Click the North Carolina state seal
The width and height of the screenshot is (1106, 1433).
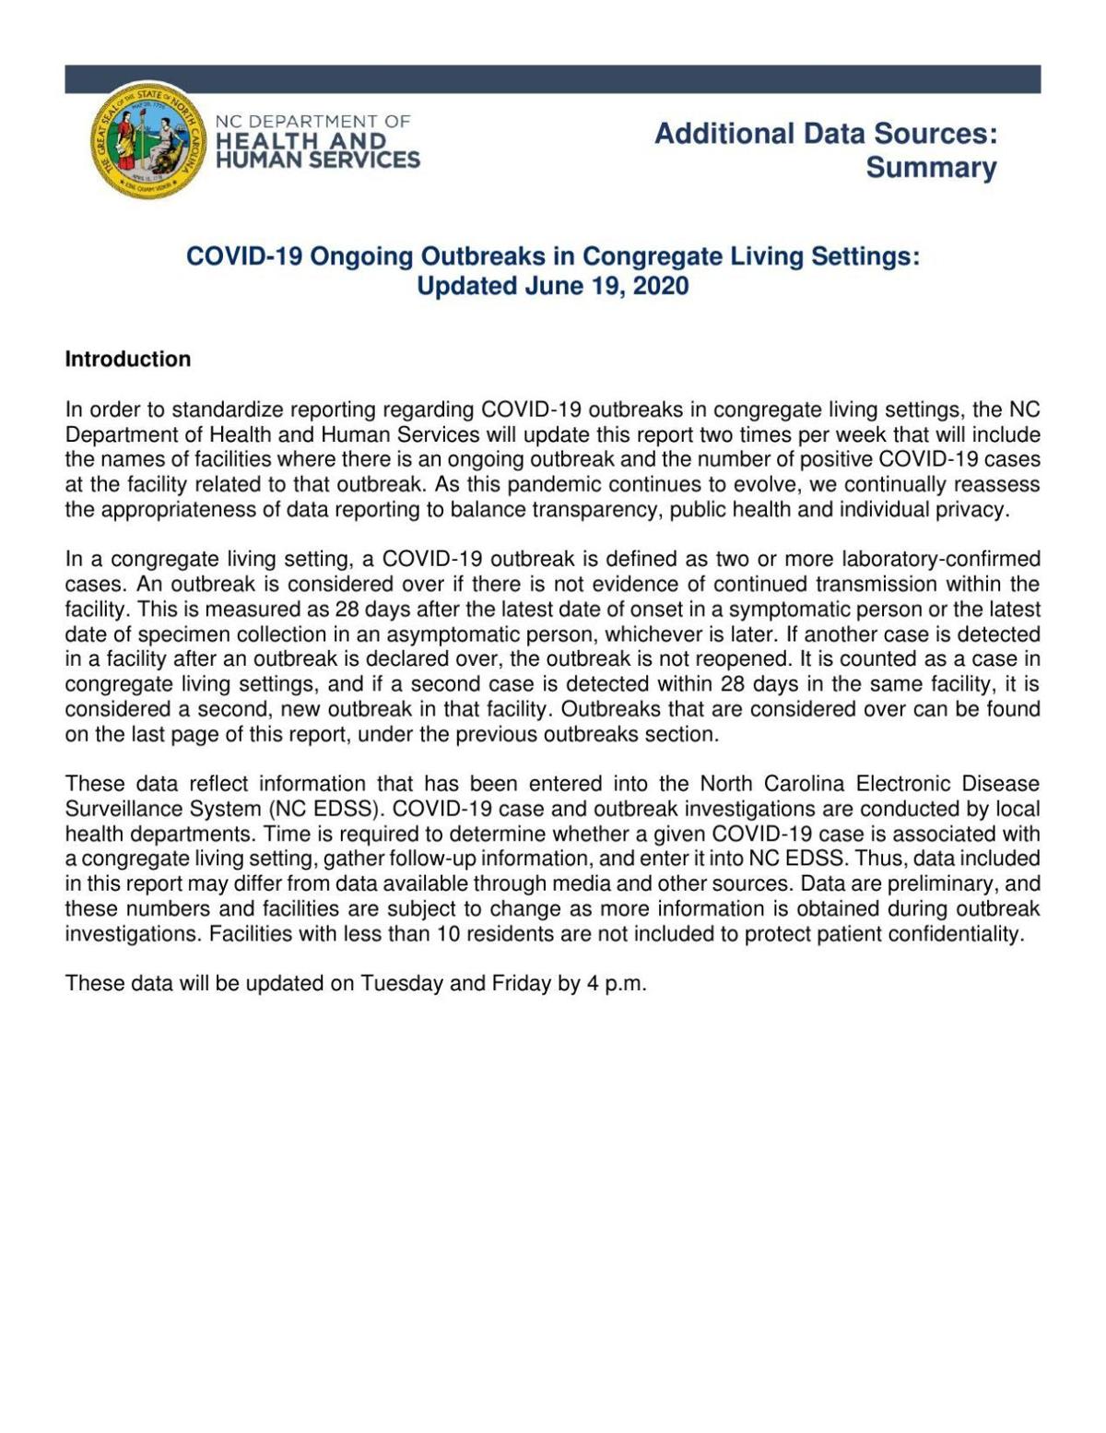[x=148, y=140]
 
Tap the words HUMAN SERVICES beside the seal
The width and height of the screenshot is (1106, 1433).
[x=317, y=160]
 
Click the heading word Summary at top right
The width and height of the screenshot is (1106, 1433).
[x=930, y=168]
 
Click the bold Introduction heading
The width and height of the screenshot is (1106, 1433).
[x=127, y=360]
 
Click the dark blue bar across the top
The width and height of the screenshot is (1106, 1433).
[x=553, y=79]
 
